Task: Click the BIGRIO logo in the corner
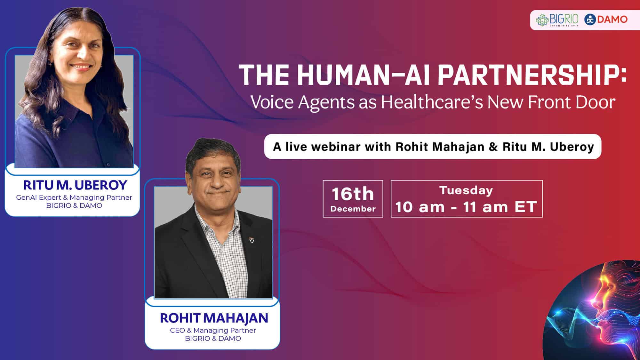coord(557,20)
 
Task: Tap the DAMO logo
coord(606,20)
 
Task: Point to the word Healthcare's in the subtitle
coord(432,102)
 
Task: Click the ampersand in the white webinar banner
coord(493,147)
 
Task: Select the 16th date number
coord(353,194)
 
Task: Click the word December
coord(353,209)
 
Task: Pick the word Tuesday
coord(466,191)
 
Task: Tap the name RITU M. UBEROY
coord(75,185)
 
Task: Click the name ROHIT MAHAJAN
coord(214,318)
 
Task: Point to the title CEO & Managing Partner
coord(213,330)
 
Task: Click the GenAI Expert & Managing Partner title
coord(74,197)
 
